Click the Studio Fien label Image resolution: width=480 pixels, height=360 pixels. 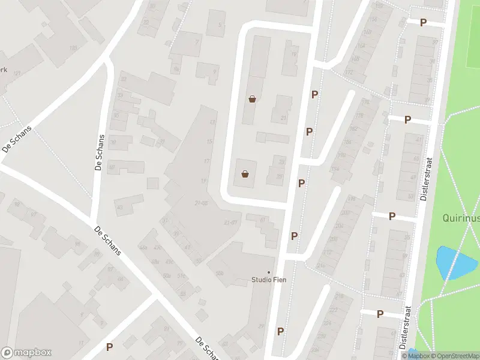pyautogui.click(x=268, y=280)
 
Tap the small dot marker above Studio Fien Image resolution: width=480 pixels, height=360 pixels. pyautogui.click(x=268, y=272)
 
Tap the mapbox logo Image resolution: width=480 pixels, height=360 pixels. pyautogui.click(x=26, y=352)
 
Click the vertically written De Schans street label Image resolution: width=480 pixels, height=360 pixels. pyautogui.click(x=100, y=152)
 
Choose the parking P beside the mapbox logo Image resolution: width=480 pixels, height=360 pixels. pyautogui.click(x=109, y=347)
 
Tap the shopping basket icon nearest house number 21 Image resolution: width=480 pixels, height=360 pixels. pyautogui.click(x=252, y=99)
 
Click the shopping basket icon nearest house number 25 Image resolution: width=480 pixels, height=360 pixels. pyautogui.click(x=245, y=175)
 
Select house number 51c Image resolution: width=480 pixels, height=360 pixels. pyautogui.click(x=181, y=276)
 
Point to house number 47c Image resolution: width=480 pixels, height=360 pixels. pyautogui.click(x=158, y=247)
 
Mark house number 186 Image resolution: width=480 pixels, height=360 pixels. pyautogui.click(x=347, y=142)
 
